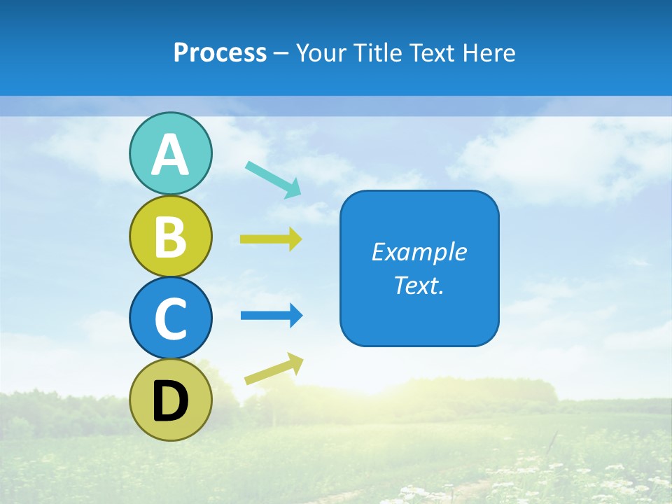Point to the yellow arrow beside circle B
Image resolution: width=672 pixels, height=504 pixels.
pyautogui.click(x=271, y=239)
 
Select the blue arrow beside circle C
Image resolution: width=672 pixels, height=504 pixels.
pyautogui.click(x=272, y=316)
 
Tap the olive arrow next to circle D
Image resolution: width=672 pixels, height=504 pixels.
pyautogui.click(x=274, y=370)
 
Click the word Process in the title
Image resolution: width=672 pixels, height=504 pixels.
pyautogui.click(x=220, y=53)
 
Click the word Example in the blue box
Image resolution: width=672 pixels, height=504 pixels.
pyautogui.click(x=419, y=252)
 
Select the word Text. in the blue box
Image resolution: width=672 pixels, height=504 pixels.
pyautogui.click(x=419, y=285)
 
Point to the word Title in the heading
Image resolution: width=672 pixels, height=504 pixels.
pyautogui.click(x=377, y=53)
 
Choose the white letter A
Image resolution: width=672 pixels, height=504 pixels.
pyautogui.click(x=170, y=155)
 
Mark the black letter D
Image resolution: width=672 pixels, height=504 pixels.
pyautogui.click(x=170, y=401)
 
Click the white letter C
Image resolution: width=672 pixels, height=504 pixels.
pyautogui.click(x=170, y=319)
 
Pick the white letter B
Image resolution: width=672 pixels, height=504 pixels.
pyautogui.click(x=170, y=237)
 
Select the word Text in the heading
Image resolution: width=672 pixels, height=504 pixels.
pyautogui.click(x=435, y=53)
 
